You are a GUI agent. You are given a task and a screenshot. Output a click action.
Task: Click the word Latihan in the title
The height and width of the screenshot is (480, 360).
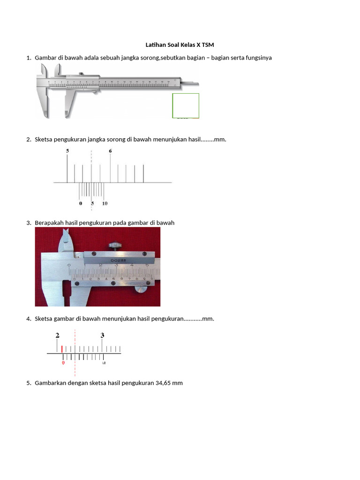pyautogui.click(x=156, y=45)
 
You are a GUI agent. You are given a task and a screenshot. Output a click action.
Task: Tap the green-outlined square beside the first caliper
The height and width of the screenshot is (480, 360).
pyautogui.click(x=186, y=105)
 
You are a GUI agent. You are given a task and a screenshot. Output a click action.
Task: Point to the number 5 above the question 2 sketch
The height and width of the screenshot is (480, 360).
pyautogui.click(x=67, y=151)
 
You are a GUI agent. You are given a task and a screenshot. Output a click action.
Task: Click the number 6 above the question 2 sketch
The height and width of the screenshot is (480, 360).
pyautogui.click(x=110, y=151)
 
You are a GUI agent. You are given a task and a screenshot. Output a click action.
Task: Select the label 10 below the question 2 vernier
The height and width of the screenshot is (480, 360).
pyautogui.click(x=105, y=203)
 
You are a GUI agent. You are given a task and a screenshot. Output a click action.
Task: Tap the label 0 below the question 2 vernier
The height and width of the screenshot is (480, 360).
pyautogui.click(x=81, y=203)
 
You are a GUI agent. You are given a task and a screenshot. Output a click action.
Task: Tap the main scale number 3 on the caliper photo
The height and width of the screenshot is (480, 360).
pyautogui.click(x=116, y=265)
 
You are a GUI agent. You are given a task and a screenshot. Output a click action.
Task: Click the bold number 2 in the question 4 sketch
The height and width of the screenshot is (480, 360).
pyautogui.click(x=57, y=335)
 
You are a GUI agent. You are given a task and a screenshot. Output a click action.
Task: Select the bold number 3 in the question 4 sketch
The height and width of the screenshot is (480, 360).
pyautogui.click(x=102, y=335)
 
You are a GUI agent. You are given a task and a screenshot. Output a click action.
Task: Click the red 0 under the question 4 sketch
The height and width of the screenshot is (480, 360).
pyautogui.click(x=63, y=362)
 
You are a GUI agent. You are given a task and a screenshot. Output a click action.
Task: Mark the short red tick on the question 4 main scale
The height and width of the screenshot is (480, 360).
pyautogui.click(x=62, y=349)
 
